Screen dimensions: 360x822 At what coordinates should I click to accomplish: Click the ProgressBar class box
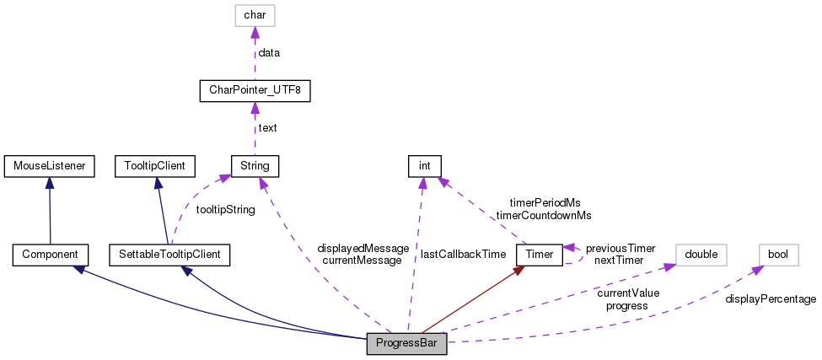pyautogui.click(x=406, y=345)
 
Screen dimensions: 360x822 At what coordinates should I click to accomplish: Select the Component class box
pyautogui.click(x=50, y=254)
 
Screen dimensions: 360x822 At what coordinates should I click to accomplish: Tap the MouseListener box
pyautogui.click(x=49, y=165)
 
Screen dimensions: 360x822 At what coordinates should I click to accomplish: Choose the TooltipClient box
pyautogui.click(x=154, y=165)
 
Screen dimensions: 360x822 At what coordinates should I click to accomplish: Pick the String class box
pyautogui.click(x=255, y=165)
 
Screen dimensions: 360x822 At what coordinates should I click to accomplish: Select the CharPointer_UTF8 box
pyautogui.click(x=255, y=89)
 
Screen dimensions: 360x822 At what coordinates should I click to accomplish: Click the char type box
pyautogui.click(x=255, y=14)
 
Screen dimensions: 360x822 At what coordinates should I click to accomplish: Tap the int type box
pyautogui.click(x=425, y=165)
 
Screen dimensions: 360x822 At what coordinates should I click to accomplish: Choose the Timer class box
pyautogui.click(x=538, y=254)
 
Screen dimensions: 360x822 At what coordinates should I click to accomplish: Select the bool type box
pyautogui.click(x=778, y=254)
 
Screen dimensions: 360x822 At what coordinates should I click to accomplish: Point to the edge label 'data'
pyautogui.click(x=269, y=52)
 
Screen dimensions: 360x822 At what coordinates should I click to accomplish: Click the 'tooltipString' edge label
pyautogui.click(x=224, y=209)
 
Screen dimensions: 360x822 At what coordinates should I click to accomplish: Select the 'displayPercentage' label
pyautogui.click(x=771, y=299)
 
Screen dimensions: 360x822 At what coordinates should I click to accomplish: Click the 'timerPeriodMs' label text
pyautogui.click(x=545, y=203)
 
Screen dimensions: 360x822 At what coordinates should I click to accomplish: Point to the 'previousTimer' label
pyautogui.click(x=621, y=248)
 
